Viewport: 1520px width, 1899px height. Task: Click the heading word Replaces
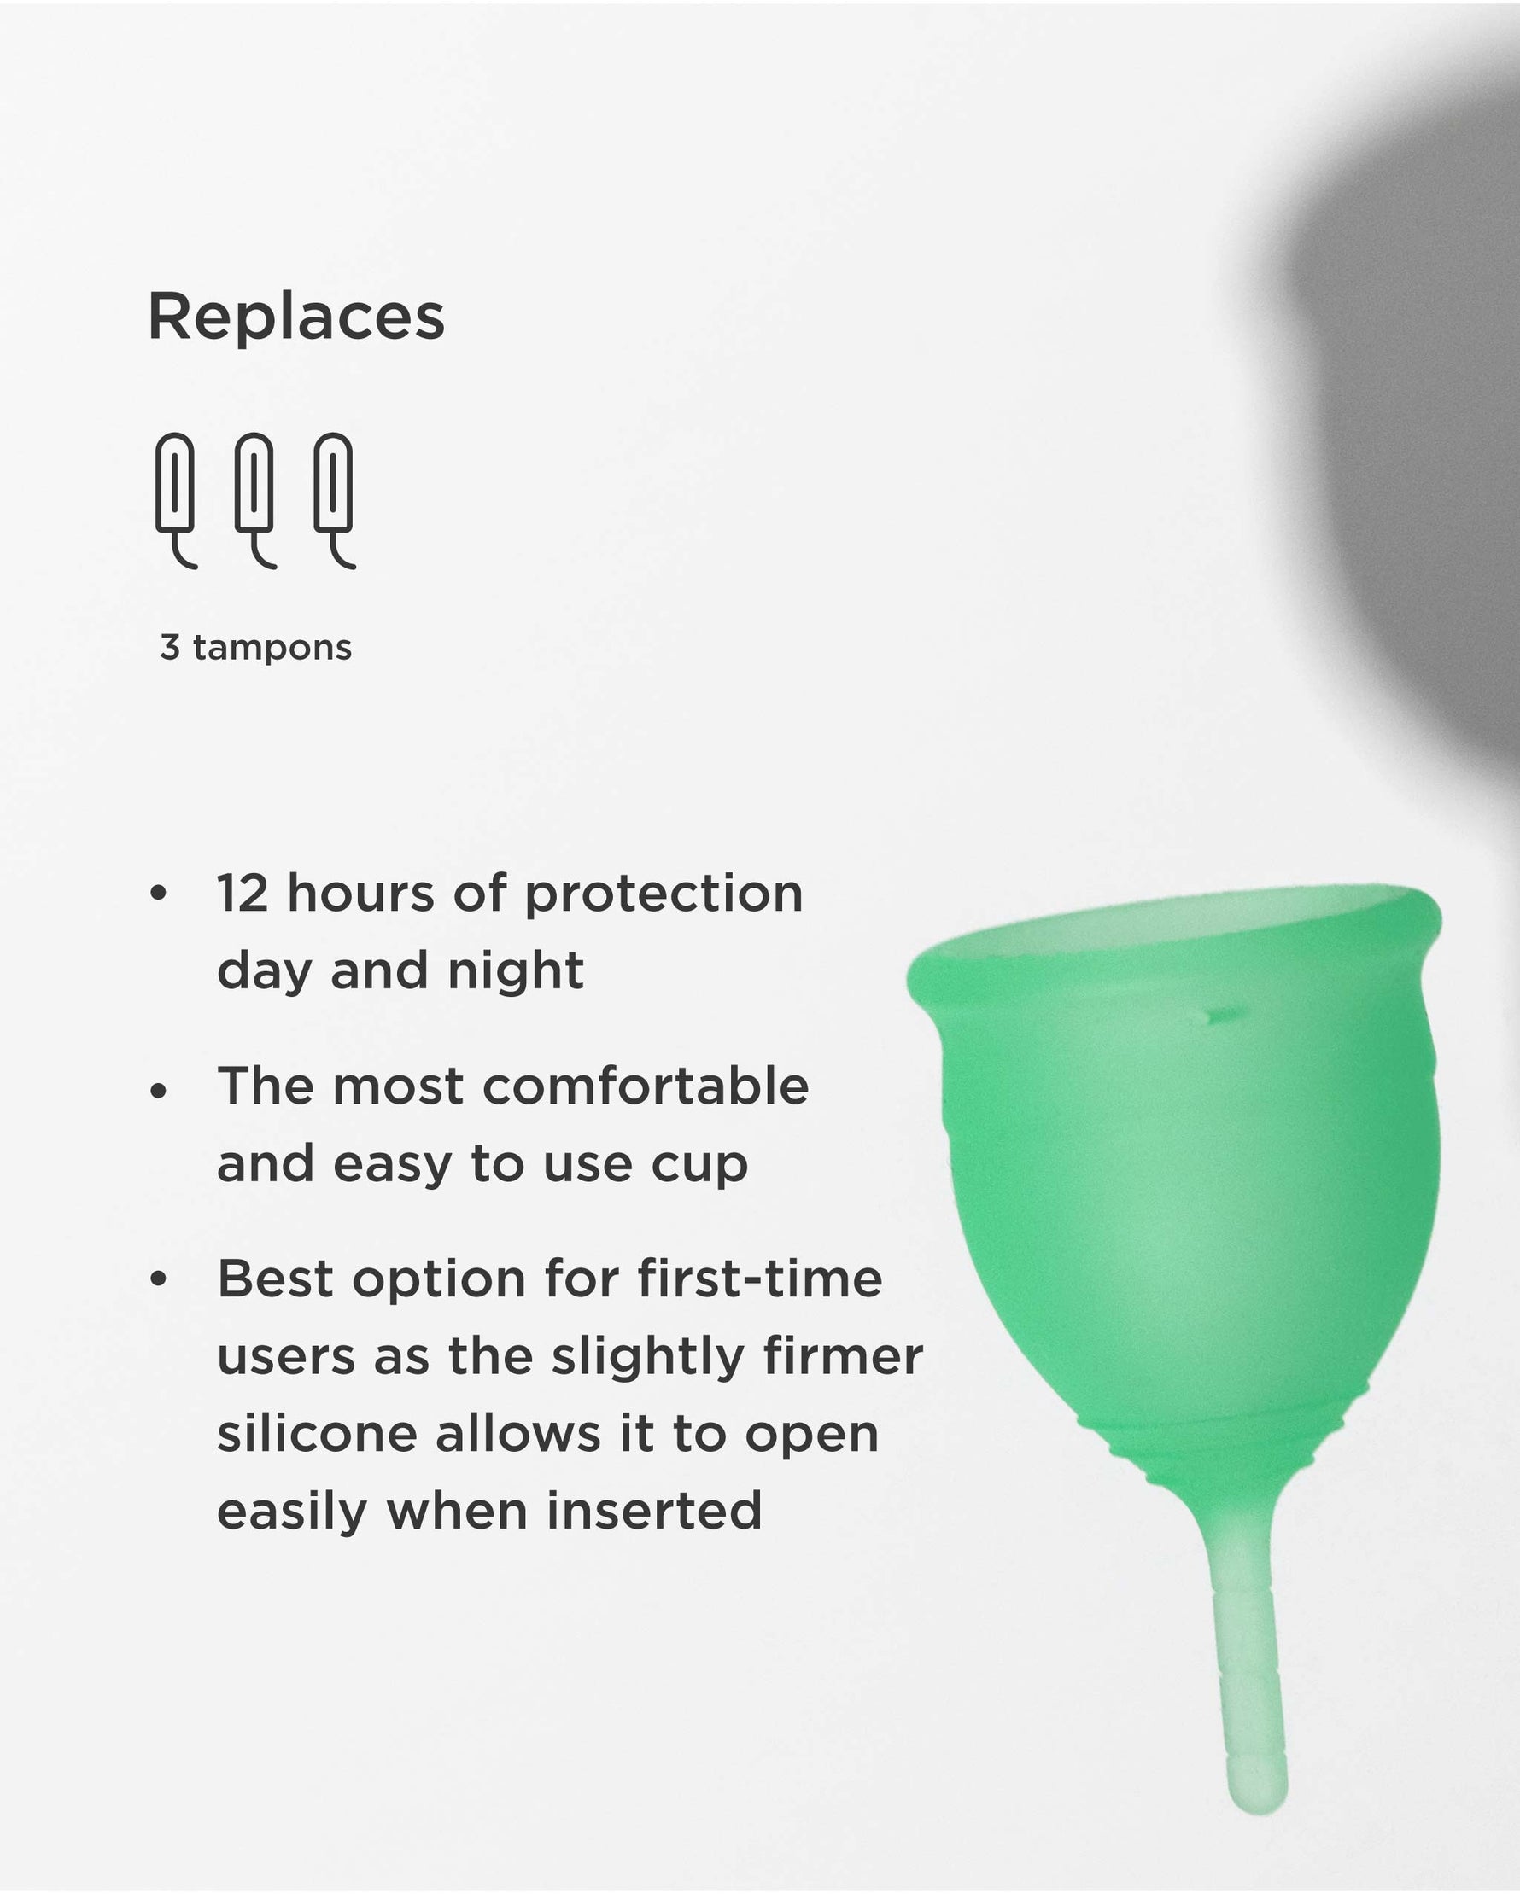coord(296,317)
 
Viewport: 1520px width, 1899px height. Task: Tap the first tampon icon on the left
coord(175,497)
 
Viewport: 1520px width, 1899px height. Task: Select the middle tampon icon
coord(254,497)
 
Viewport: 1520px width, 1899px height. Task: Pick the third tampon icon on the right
coord(334,497)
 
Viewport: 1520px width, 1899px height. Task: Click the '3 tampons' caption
coord(255,648)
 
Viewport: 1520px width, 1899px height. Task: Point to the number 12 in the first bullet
coord(243,893)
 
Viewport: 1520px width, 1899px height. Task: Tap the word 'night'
coord(516,971)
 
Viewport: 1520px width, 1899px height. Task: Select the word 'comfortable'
coord(646,1086)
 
